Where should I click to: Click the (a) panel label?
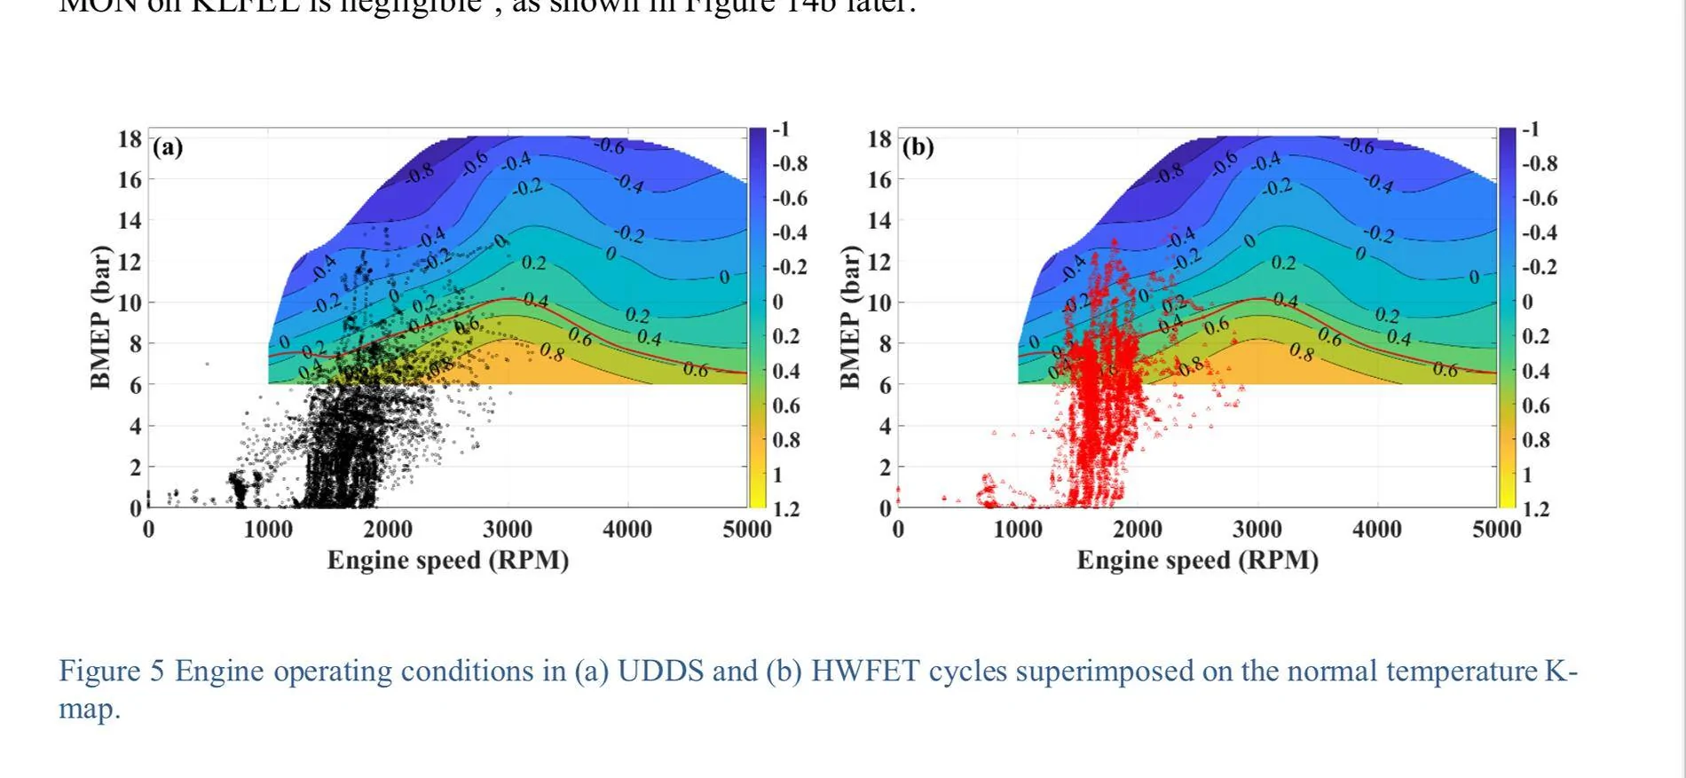click(x=168, y=147)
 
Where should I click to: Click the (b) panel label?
click(x=918, y=147)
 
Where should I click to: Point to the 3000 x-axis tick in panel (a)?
click(x=508, y=530)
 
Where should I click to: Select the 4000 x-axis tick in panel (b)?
click(x=1377, y=530)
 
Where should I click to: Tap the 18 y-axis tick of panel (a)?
click(x=130, y=139)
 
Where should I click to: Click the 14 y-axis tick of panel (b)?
click(x=878, y=221)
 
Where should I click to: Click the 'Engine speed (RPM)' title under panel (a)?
click(x=448, y=561)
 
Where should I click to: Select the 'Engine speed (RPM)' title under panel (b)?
click(x=1198, y=561)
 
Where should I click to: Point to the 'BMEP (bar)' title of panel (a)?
click(x=101, y=317)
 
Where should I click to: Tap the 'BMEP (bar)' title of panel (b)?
click(x=851, y=317)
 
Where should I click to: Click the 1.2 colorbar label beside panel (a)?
click(x=786, y=509)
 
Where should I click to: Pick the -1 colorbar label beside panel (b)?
click(x=1531, y=130)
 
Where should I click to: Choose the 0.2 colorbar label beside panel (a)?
click(x=785, y=336)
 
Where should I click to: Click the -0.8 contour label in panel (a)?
click(x=420, y=173)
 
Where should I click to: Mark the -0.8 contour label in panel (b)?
click(x=1170, y=173)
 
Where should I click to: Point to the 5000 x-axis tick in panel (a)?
click(x=747, y=530)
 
